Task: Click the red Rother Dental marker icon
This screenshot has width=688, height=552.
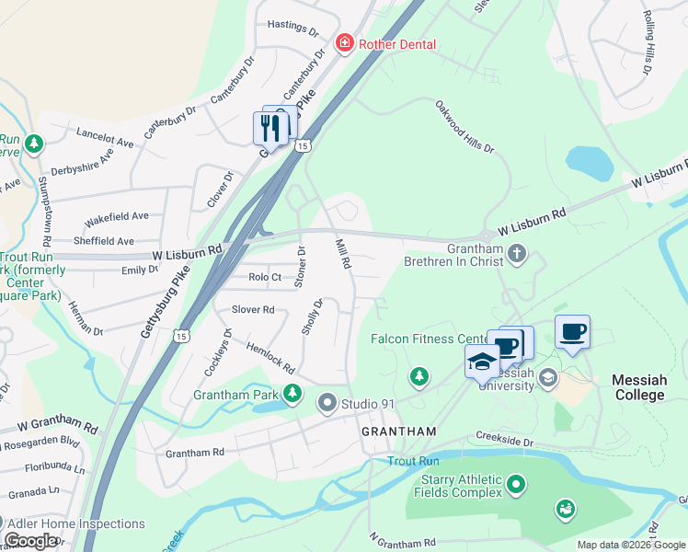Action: click(345, 43)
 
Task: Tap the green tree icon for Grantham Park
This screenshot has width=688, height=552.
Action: click(292, 394)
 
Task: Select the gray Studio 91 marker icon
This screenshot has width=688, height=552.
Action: click(327, 402)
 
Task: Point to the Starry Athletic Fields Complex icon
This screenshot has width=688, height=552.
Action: click(517, 483)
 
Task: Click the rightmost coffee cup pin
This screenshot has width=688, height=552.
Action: click(572, 331)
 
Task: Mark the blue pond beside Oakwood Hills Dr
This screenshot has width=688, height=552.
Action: click(590, 164)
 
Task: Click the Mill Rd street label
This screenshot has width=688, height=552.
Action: click(343, 253)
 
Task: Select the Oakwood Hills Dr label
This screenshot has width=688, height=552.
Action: click(464, 127)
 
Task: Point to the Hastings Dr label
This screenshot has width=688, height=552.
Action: click(292, 29)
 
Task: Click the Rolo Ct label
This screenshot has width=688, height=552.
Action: click(264, 276)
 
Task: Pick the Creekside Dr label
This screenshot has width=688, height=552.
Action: click(505, 441)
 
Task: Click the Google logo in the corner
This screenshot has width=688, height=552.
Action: click(31, 541)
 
